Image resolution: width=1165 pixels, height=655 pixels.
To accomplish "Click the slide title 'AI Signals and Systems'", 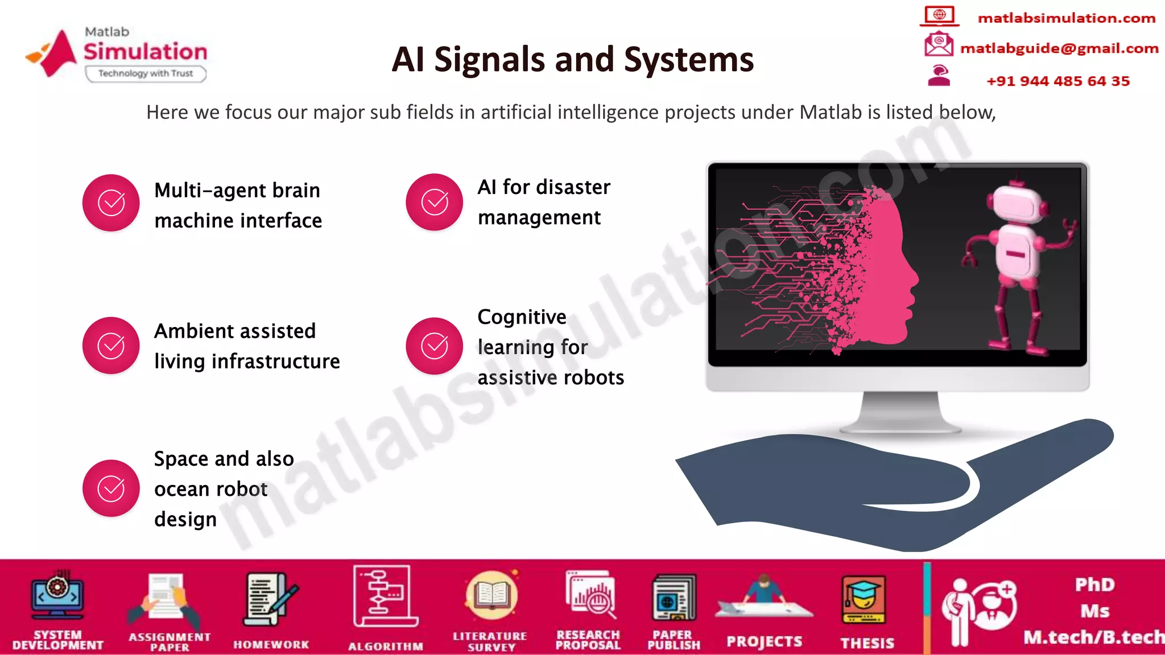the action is click(572, 60).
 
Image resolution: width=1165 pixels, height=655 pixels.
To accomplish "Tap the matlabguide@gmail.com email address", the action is click(1059, 49).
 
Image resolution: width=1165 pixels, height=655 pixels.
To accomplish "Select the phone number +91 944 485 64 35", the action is click(1058, 81).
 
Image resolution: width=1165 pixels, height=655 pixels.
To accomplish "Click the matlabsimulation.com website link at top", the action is click(1066, 18).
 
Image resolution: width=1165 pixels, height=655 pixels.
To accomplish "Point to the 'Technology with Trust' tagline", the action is click(146, 73).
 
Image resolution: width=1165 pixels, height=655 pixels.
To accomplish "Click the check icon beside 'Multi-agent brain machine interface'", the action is click(111, 203).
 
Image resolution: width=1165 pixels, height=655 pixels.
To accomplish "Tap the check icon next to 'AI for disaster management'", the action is click(434, 202).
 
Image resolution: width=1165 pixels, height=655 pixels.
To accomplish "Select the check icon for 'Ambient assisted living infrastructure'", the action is click(111, 346).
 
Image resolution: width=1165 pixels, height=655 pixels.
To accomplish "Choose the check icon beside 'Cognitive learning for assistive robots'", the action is click(434, 346).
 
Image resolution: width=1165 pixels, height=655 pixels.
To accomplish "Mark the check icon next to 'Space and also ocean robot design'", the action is click(111, 488).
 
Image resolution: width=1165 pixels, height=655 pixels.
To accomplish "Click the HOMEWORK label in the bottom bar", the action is click(271, 645).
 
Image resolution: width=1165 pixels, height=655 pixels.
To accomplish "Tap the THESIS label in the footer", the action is click(867, 643).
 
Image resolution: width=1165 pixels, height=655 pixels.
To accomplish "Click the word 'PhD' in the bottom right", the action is click(1094, 584).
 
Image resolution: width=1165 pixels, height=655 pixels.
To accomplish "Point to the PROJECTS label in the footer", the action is click(764, 642).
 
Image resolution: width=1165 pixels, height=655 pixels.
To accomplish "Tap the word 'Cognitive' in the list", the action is click(522, 317).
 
